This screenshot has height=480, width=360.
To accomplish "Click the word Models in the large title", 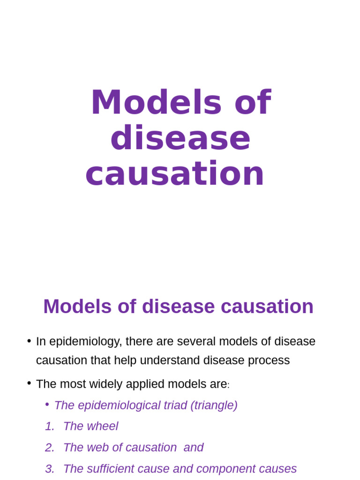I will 156,103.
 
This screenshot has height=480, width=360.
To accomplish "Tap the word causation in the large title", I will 175,173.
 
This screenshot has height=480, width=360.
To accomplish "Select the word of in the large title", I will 253,103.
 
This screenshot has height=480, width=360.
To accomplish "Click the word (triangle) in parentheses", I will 213,405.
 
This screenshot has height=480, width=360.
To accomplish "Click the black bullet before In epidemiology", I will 29,341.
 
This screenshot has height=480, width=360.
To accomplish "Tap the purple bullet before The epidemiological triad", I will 47,404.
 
